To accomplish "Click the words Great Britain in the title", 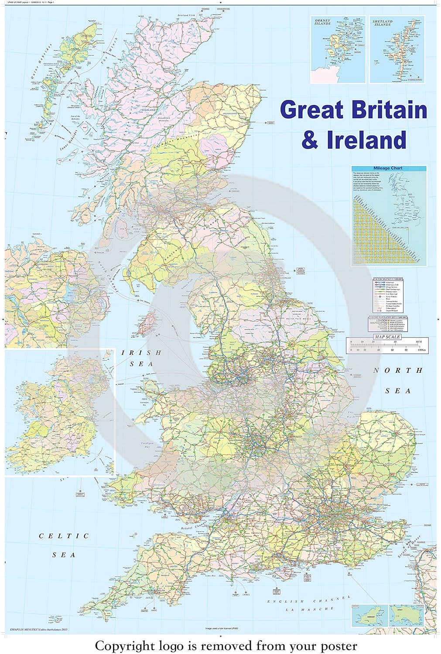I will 353,109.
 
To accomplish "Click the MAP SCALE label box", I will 387,337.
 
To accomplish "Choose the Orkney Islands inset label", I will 323,22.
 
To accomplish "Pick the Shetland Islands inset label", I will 382,22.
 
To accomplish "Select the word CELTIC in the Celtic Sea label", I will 64,536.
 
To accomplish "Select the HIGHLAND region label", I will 148,110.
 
